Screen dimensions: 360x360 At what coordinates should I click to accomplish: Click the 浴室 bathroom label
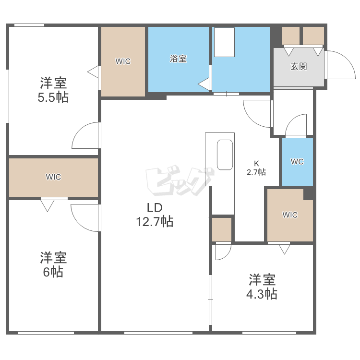178,59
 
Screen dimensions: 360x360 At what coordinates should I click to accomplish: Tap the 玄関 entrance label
299,67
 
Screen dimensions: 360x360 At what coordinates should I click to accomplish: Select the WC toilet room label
297,162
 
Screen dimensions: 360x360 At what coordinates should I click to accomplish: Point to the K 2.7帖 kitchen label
256,168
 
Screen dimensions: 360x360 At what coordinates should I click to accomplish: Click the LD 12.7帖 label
155,215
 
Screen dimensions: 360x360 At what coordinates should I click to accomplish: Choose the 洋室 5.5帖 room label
53,90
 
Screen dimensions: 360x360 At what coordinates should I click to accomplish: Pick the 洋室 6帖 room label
53,264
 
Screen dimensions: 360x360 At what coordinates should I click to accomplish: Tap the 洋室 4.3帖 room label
262,287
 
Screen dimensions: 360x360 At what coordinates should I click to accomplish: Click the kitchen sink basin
225,155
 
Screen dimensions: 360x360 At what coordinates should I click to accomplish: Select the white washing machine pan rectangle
224,42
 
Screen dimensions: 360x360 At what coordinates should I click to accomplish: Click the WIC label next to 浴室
123,61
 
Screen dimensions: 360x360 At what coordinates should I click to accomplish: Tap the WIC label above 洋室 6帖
53,177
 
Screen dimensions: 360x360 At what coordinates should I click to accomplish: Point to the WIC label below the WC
290,215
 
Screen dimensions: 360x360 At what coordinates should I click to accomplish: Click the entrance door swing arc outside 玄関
347,60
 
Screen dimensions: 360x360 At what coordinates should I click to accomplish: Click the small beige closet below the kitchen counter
222,229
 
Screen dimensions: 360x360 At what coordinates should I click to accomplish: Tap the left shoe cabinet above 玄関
291,36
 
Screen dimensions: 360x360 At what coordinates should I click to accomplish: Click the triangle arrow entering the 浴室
204,84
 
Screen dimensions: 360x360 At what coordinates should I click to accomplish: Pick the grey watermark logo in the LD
180,181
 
